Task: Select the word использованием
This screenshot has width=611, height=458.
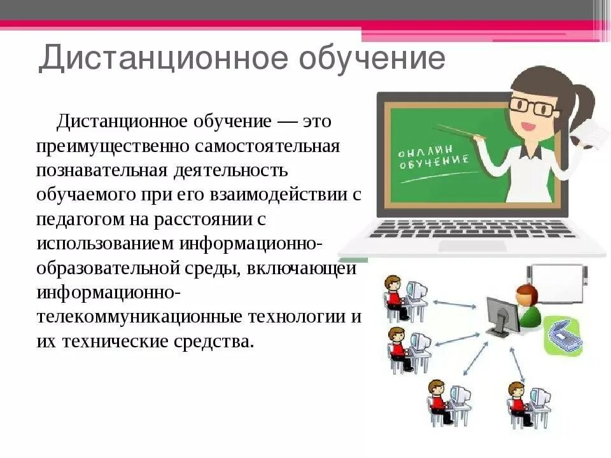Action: tap(105, 243)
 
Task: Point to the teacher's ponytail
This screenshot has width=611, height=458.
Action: tap(582, 102)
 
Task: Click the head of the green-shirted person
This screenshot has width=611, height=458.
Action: tap(526, 295)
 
